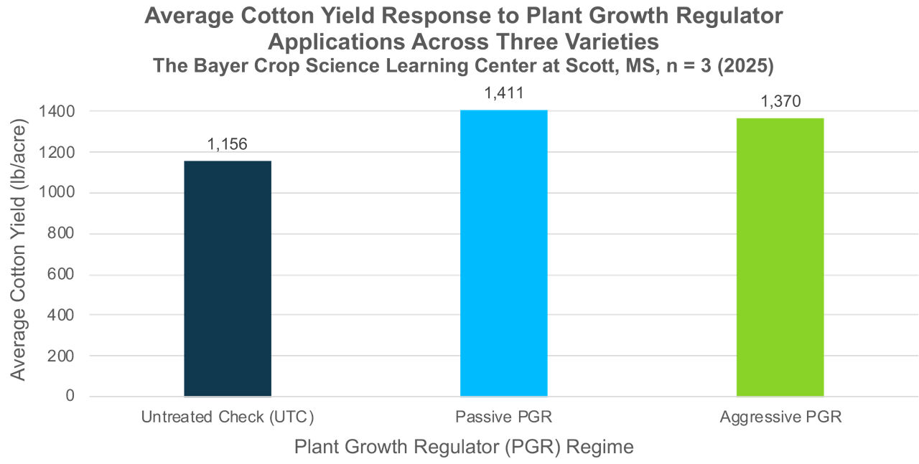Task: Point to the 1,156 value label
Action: pos(227,144)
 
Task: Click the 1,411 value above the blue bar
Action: pos(503,93)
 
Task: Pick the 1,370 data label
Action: pos(780,102)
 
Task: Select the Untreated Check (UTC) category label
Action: pos(228,417)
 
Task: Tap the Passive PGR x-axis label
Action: pos(503,417)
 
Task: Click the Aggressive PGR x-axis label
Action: pos(780,417)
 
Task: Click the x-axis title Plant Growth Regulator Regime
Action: pos(464,447)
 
